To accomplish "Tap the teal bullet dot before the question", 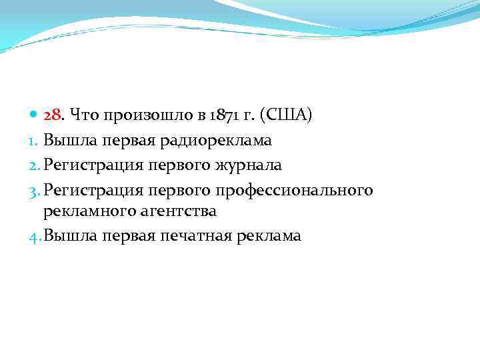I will [x=35, y=115].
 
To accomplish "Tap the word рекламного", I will [x=86, y=211].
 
